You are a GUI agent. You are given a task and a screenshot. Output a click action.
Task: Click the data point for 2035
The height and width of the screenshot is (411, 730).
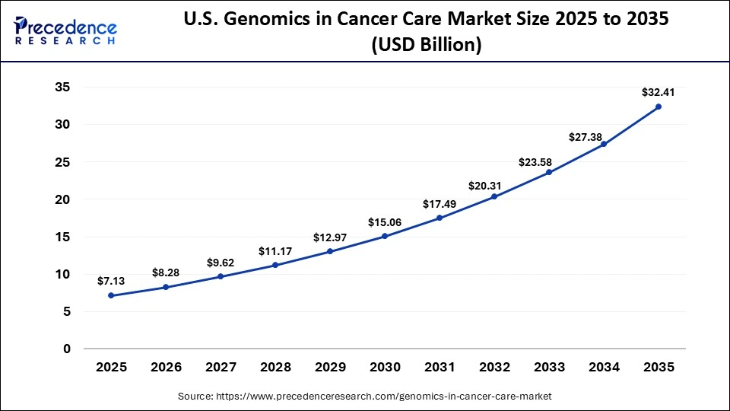coord(659,107)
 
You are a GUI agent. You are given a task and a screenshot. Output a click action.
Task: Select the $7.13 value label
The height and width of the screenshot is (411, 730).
coord(111,281)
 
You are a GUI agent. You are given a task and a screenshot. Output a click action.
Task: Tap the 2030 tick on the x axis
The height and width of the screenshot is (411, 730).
coord(385,367)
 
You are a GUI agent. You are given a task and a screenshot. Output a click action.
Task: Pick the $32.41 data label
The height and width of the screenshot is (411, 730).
coord(659,92)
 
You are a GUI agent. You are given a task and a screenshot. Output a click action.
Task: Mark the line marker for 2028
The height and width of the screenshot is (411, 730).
coord(275,265)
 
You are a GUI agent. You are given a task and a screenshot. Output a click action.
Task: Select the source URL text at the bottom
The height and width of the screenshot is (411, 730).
coord(365,396)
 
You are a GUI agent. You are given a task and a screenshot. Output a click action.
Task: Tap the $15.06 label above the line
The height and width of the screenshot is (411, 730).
coord(385,221)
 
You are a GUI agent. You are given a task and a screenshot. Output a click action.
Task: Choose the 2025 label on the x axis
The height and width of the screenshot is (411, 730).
coord(111,367)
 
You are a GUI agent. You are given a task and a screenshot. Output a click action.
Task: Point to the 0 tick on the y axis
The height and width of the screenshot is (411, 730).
coord(67,349)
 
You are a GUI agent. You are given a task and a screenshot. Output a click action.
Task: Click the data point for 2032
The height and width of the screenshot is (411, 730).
coord(494,196)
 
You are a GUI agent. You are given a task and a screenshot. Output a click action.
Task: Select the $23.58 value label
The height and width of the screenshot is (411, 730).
coord(537,161)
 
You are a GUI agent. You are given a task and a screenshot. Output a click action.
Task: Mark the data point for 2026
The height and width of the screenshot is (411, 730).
coord(166,287)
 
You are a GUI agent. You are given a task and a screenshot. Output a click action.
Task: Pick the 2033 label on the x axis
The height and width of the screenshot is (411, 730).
coord(549,367)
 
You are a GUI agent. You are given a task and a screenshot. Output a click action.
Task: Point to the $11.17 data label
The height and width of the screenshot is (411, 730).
coord(275,250)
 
